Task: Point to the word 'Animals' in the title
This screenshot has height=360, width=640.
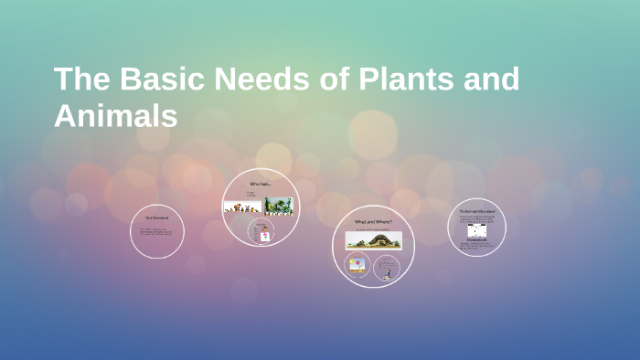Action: [115, 116]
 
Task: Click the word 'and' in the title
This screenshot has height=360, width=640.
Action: [494, 79]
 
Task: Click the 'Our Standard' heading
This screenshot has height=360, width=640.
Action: [156, 217]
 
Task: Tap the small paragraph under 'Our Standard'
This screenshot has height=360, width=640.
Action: [156, 232]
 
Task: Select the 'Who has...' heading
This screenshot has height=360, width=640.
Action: [261, 184]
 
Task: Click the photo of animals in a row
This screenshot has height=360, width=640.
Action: [242, 206]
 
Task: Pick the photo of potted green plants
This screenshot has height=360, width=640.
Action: [279, 206]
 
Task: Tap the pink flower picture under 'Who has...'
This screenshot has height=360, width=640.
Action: [266, 234]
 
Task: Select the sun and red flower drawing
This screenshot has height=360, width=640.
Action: [357, 266]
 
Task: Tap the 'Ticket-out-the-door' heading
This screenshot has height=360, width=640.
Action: [476, 211]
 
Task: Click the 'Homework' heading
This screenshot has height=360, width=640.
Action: [476, 239]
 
